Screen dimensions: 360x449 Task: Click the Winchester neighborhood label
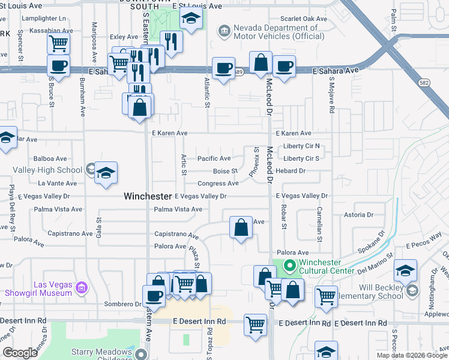148,196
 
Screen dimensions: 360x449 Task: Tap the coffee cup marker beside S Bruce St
58,66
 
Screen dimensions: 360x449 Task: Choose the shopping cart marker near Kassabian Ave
58,43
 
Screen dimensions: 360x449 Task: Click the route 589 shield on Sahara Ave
238,71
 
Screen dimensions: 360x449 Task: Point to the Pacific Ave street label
214,158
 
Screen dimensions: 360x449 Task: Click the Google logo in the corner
20,353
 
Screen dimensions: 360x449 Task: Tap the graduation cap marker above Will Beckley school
406,271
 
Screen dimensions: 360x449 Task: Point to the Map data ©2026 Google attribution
412,355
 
